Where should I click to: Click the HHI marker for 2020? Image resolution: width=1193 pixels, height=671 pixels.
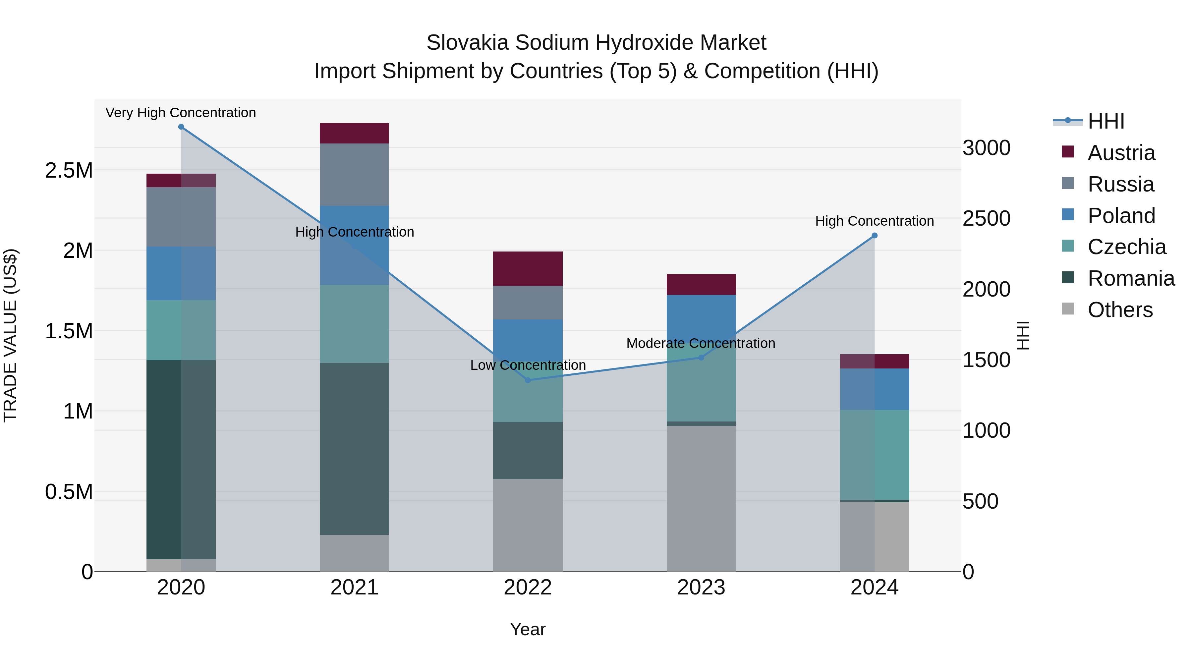pos(181,127)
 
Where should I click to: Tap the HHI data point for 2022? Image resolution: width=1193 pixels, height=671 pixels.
pos(528,380)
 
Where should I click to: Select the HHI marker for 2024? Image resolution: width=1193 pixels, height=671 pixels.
pos(875,236)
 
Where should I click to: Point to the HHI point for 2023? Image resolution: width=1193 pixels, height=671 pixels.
pos(701,358)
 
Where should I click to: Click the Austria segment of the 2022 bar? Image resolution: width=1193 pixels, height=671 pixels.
pos(528,269)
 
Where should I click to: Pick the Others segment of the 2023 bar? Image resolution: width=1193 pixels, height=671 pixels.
pos(701,498)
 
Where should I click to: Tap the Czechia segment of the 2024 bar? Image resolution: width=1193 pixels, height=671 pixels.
pos(875,454)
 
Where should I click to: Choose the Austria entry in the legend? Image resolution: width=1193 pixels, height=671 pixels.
pos(1121,153)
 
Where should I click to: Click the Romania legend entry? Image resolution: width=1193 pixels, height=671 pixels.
pos(1130,278)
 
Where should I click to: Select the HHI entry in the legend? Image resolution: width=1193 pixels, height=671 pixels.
pos(1106,121)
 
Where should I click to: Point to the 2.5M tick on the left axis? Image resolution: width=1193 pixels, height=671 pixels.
pos(69,170)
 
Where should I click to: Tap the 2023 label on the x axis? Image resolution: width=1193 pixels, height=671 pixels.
pos(701,587)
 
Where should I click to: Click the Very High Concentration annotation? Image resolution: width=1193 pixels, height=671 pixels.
pos(181,113)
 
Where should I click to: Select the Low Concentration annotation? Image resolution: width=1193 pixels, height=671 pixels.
pos(528,365)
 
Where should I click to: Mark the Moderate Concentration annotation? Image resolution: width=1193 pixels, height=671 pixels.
pos(701,344)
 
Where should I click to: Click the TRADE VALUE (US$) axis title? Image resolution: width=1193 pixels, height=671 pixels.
pos(10,335)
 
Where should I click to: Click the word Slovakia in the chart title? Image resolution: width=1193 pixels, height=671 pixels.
pos(467,43)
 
